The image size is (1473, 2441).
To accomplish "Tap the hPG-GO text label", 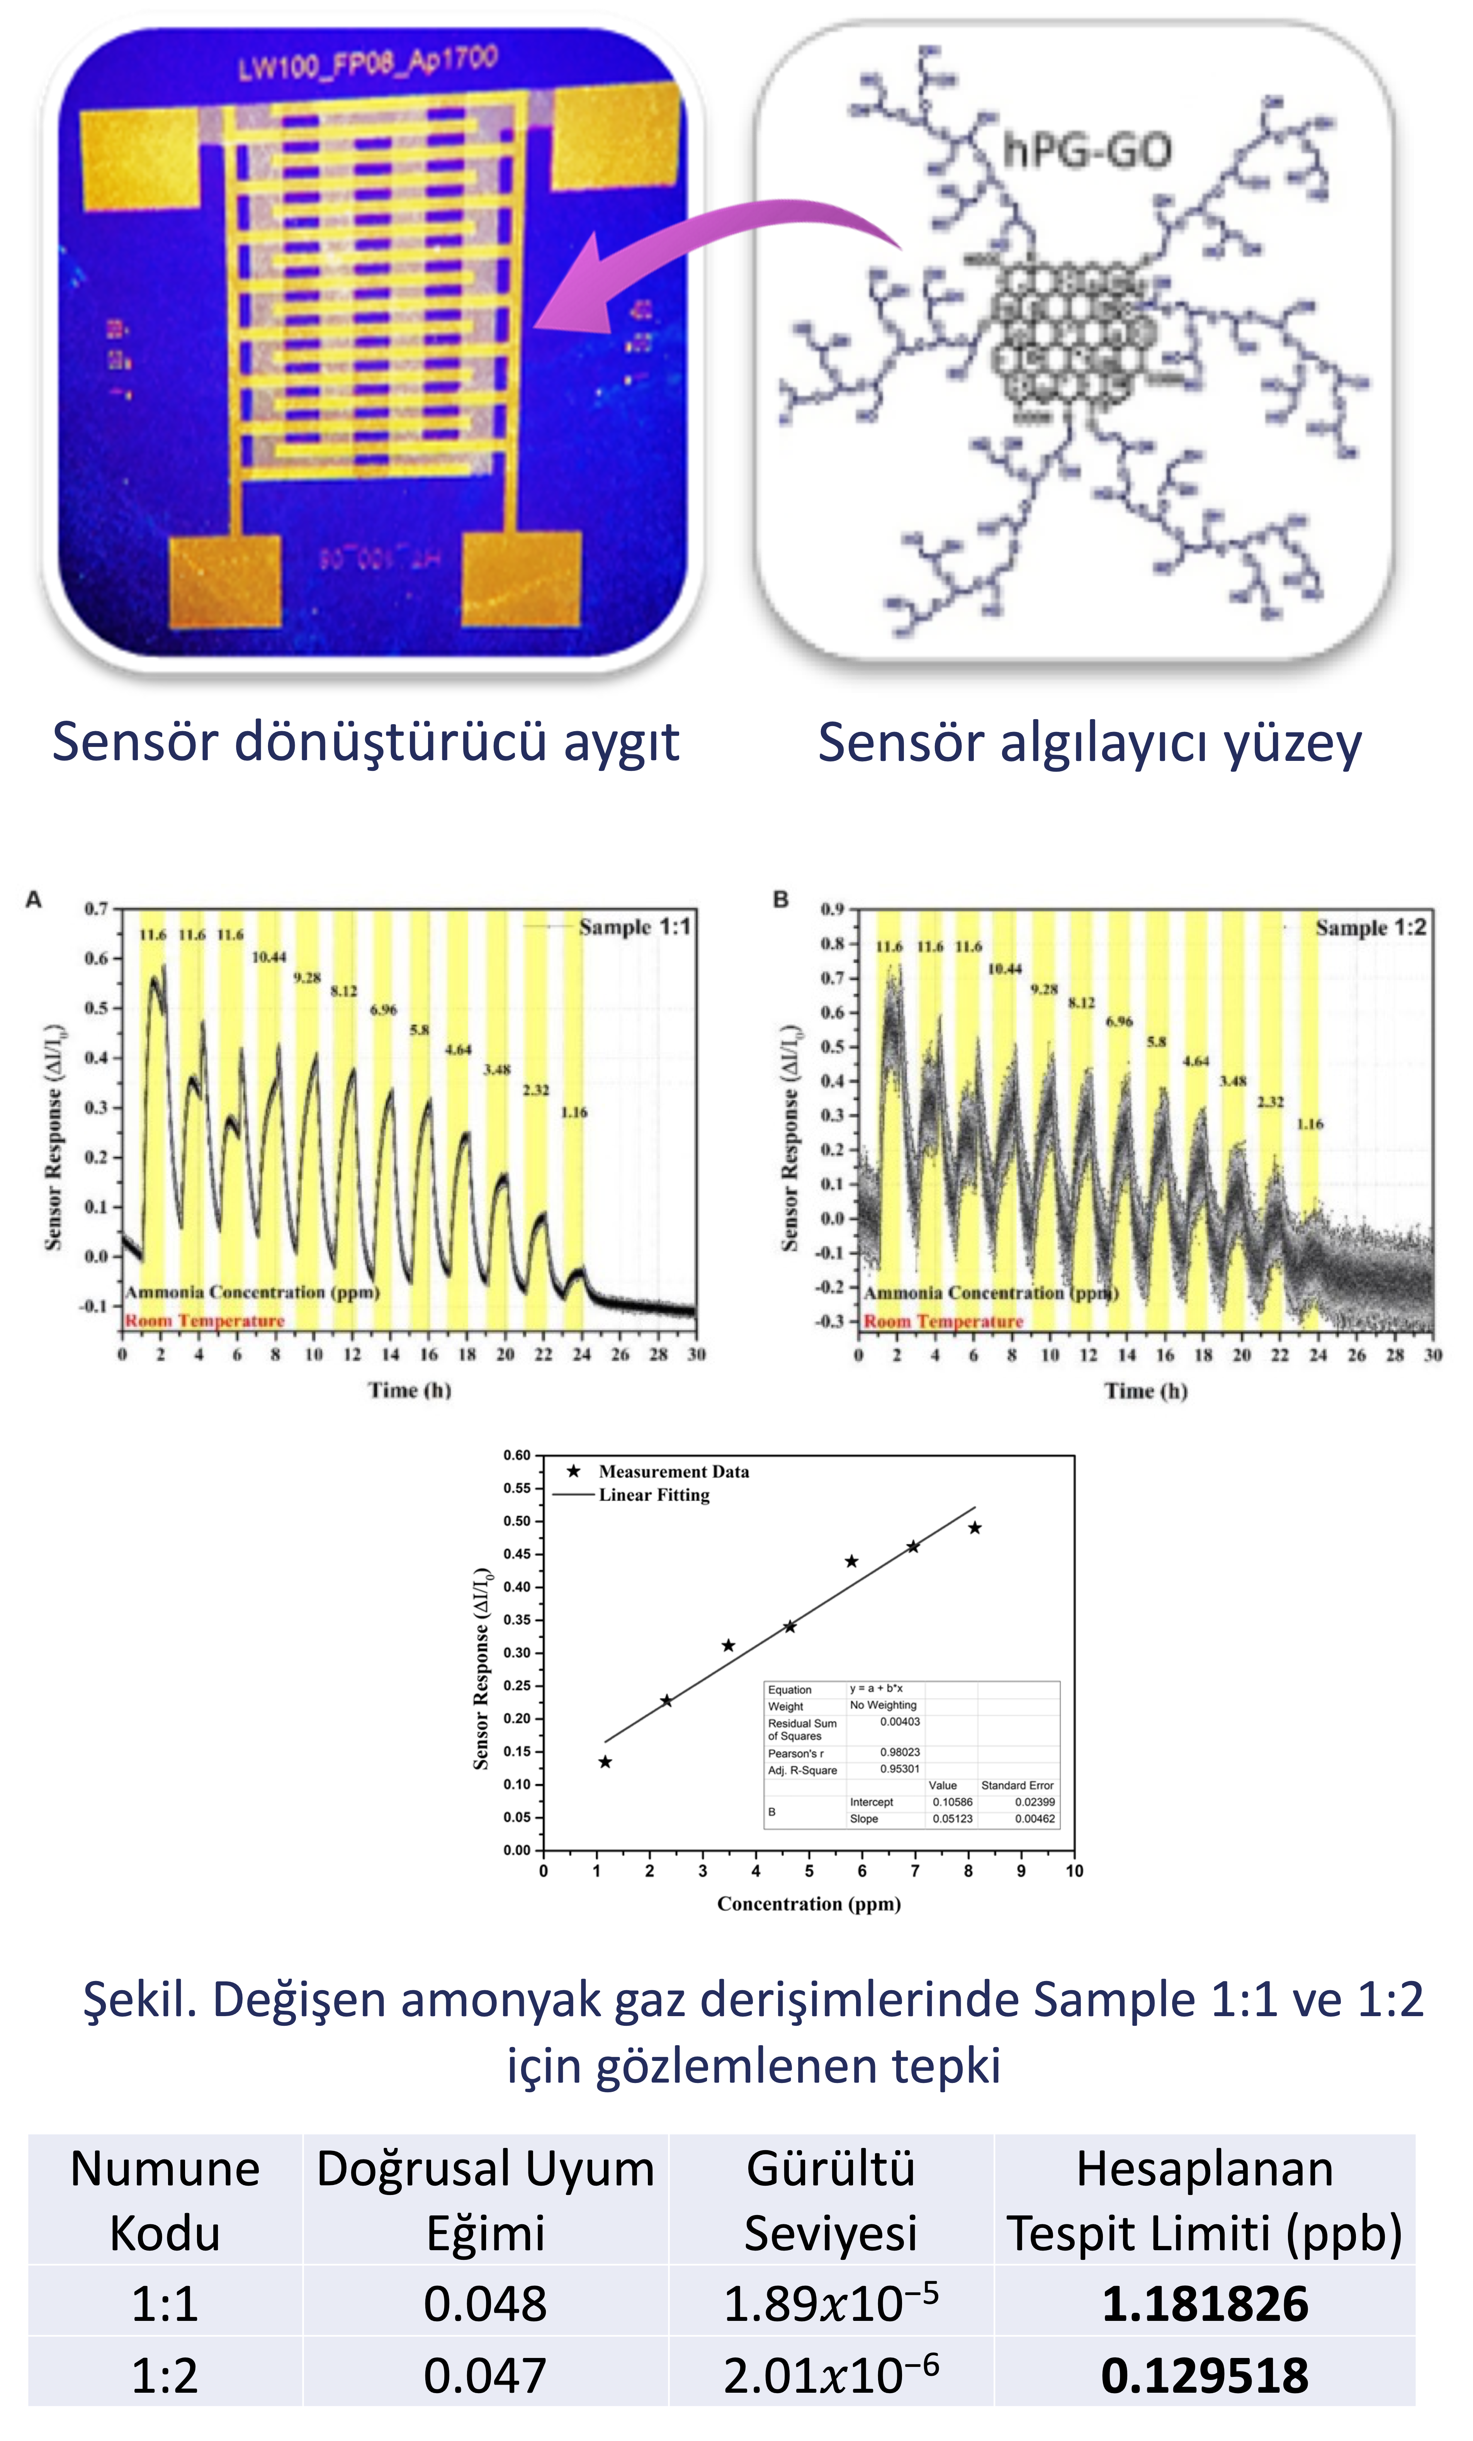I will pos(1087,151).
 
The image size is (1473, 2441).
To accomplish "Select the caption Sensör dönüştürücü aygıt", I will pos(365,743).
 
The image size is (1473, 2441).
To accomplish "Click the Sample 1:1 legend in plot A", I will pos(634,927).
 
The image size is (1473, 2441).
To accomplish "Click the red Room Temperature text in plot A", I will pos(204,1321).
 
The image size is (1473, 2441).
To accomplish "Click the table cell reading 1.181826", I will pos(1205,2303).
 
